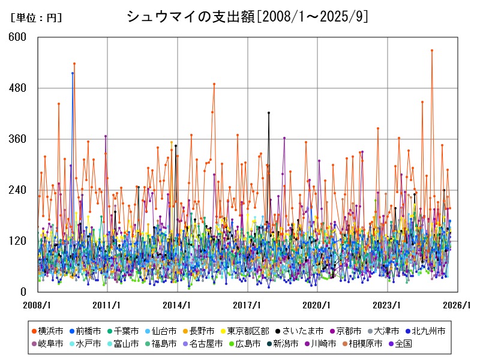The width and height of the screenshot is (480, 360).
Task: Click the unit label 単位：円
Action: tap(36, 18)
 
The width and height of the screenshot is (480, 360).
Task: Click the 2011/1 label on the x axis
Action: tap(107, 305)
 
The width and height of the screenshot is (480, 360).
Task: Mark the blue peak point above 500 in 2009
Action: tap(73, 73)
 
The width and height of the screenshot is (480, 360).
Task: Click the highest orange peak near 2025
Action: tap(432, 50)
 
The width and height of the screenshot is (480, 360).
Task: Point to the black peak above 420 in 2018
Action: tap(269, 113)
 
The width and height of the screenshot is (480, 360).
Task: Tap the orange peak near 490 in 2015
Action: tap(214, 84)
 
